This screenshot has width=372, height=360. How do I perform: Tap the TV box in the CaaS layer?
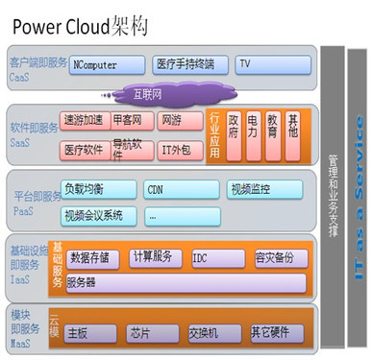click(x=273, y=65)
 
